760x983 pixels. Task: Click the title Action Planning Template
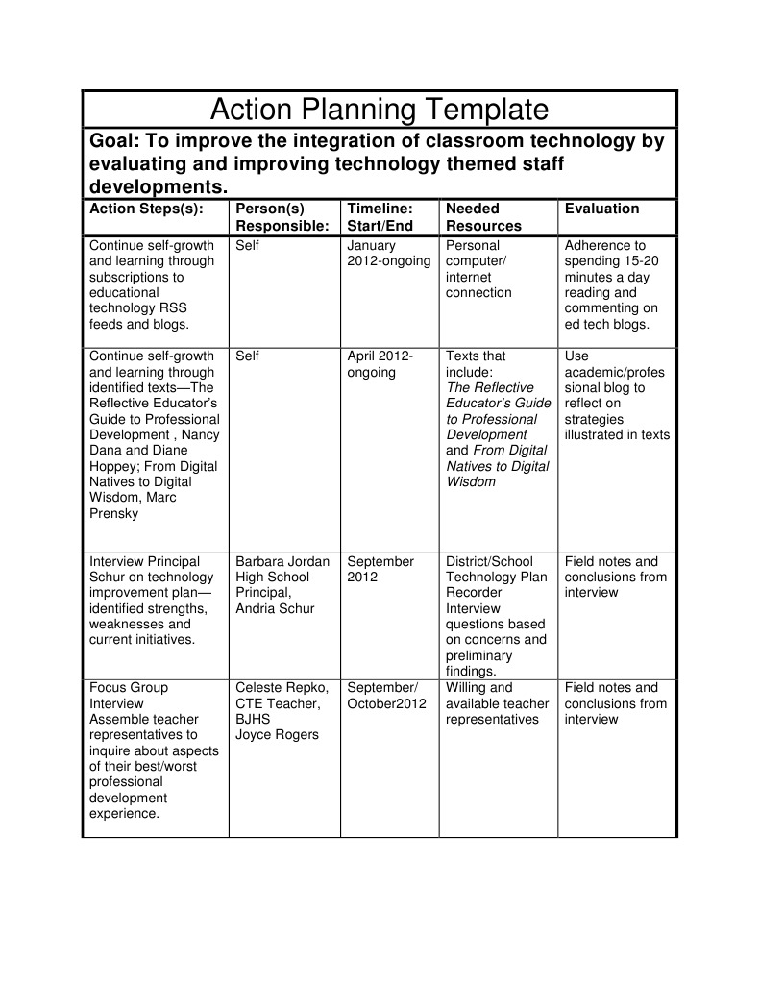pos(379,109)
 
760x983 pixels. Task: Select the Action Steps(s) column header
pos(146,209)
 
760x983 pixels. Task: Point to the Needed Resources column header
pos(483,217)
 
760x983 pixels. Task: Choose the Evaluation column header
pos(601,209)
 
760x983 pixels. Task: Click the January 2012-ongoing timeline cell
pos(388,254)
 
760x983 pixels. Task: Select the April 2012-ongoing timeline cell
pos(380,364)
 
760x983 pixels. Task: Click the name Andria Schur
pos(275,608)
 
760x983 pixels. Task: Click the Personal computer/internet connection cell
pos(478,269)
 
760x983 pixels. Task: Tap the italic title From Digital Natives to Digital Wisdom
pos(498,466)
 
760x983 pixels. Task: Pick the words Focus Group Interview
pos(128,696)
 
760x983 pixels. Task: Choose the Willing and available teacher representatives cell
pos(497,703)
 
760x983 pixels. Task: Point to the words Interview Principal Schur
pos(144,569)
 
